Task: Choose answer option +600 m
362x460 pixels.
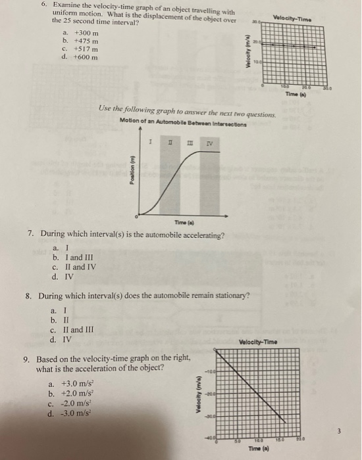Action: (x=85, y=57)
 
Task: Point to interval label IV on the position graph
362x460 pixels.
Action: (x=210, y=142)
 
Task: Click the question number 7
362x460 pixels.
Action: (x=30, y=234)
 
